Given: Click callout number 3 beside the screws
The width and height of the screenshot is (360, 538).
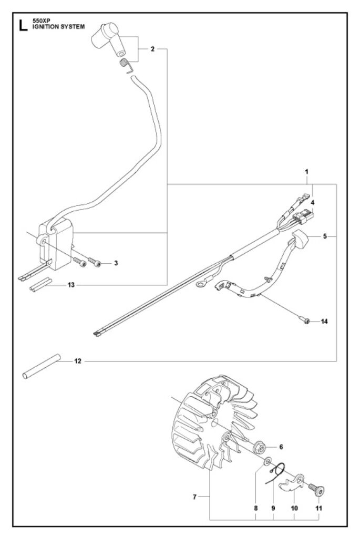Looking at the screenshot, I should click(x=116, y=262).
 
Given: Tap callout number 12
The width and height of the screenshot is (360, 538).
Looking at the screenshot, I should click(x=77, y=361).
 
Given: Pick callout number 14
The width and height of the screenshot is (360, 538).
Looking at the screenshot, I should click(x=324, y=321).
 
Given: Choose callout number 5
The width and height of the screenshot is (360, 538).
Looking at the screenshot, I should click(x=325, y=236).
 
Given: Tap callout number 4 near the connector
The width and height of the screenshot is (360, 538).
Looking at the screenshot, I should click(x=312, y=202).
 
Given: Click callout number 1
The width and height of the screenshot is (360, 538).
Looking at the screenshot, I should click(x=306, y=172).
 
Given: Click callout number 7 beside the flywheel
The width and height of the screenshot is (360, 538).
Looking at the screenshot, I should click(x=194, y=496).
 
